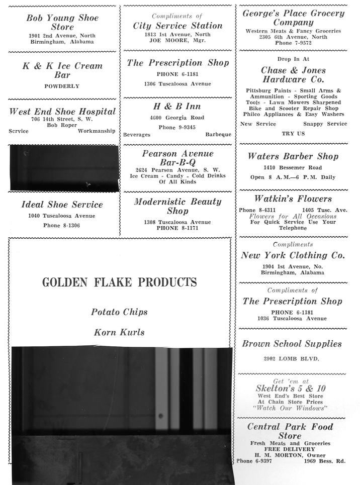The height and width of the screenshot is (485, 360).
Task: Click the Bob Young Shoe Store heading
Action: coord(62,23)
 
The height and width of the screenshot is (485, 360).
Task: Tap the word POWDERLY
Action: coord(62,86)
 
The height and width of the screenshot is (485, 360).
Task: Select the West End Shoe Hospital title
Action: coord(62,112)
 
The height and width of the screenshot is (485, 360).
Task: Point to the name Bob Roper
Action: coord(62,125)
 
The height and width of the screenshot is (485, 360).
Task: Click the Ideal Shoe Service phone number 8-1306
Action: coord(62,225)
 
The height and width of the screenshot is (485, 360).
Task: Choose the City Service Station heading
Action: coord(177,26)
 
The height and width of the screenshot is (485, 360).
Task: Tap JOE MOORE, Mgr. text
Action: coord(177,41)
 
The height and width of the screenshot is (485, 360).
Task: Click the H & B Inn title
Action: coord(177,107)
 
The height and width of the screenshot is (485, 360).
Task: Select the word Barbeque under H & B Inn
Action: coord(218,135)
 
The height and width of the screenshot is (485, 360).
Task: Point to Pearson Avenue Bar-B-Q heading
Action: coord(177,158)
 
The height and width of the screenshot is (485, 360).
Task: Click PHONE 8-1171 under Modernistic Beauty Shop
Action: coord(177,228)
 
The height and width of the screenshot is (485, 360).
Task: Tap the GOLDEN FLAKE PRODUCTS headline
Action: coord(119,282)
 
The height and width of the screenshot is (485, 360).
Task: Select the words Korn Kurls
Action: coord(119,332)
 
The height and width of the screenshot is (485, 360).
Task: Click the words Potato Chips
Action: coord(119,312)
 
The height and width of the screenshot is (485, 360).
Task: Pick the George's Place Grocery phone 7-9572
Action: coord(293,43)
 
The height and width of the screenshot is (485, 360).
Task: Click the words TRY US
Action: coord(293,134)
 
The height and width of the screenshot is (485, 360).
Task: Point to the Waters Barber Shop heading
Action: coord(293,156)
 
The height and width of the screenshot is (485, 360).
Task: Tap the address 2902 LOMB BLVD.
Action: coord(292,359)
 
